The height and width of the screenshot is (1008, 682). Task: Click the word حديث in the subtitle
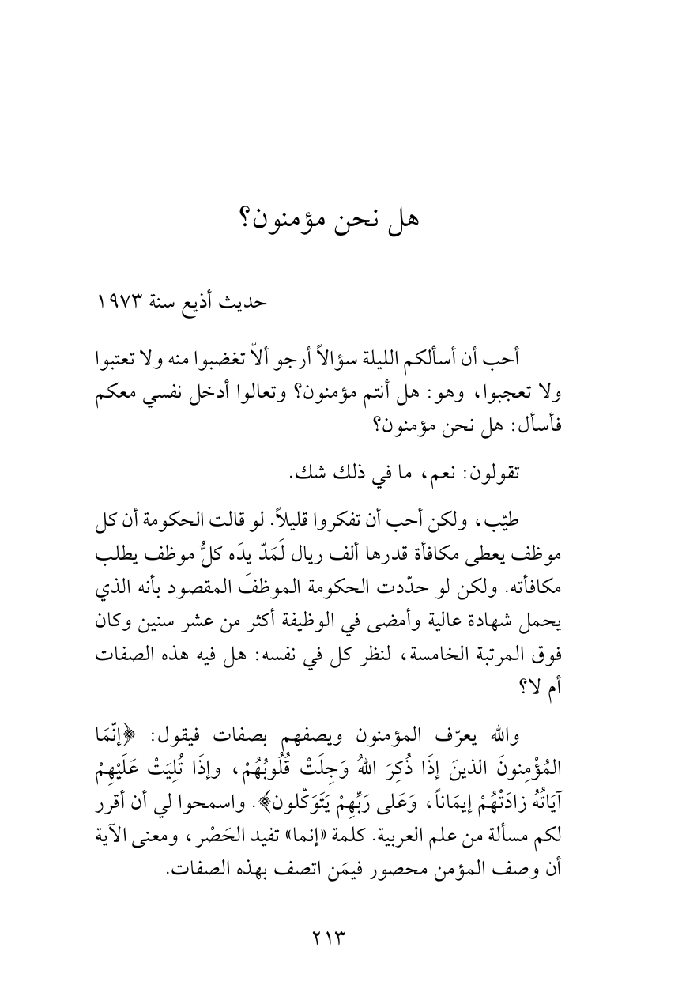(x=247, y=302)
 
